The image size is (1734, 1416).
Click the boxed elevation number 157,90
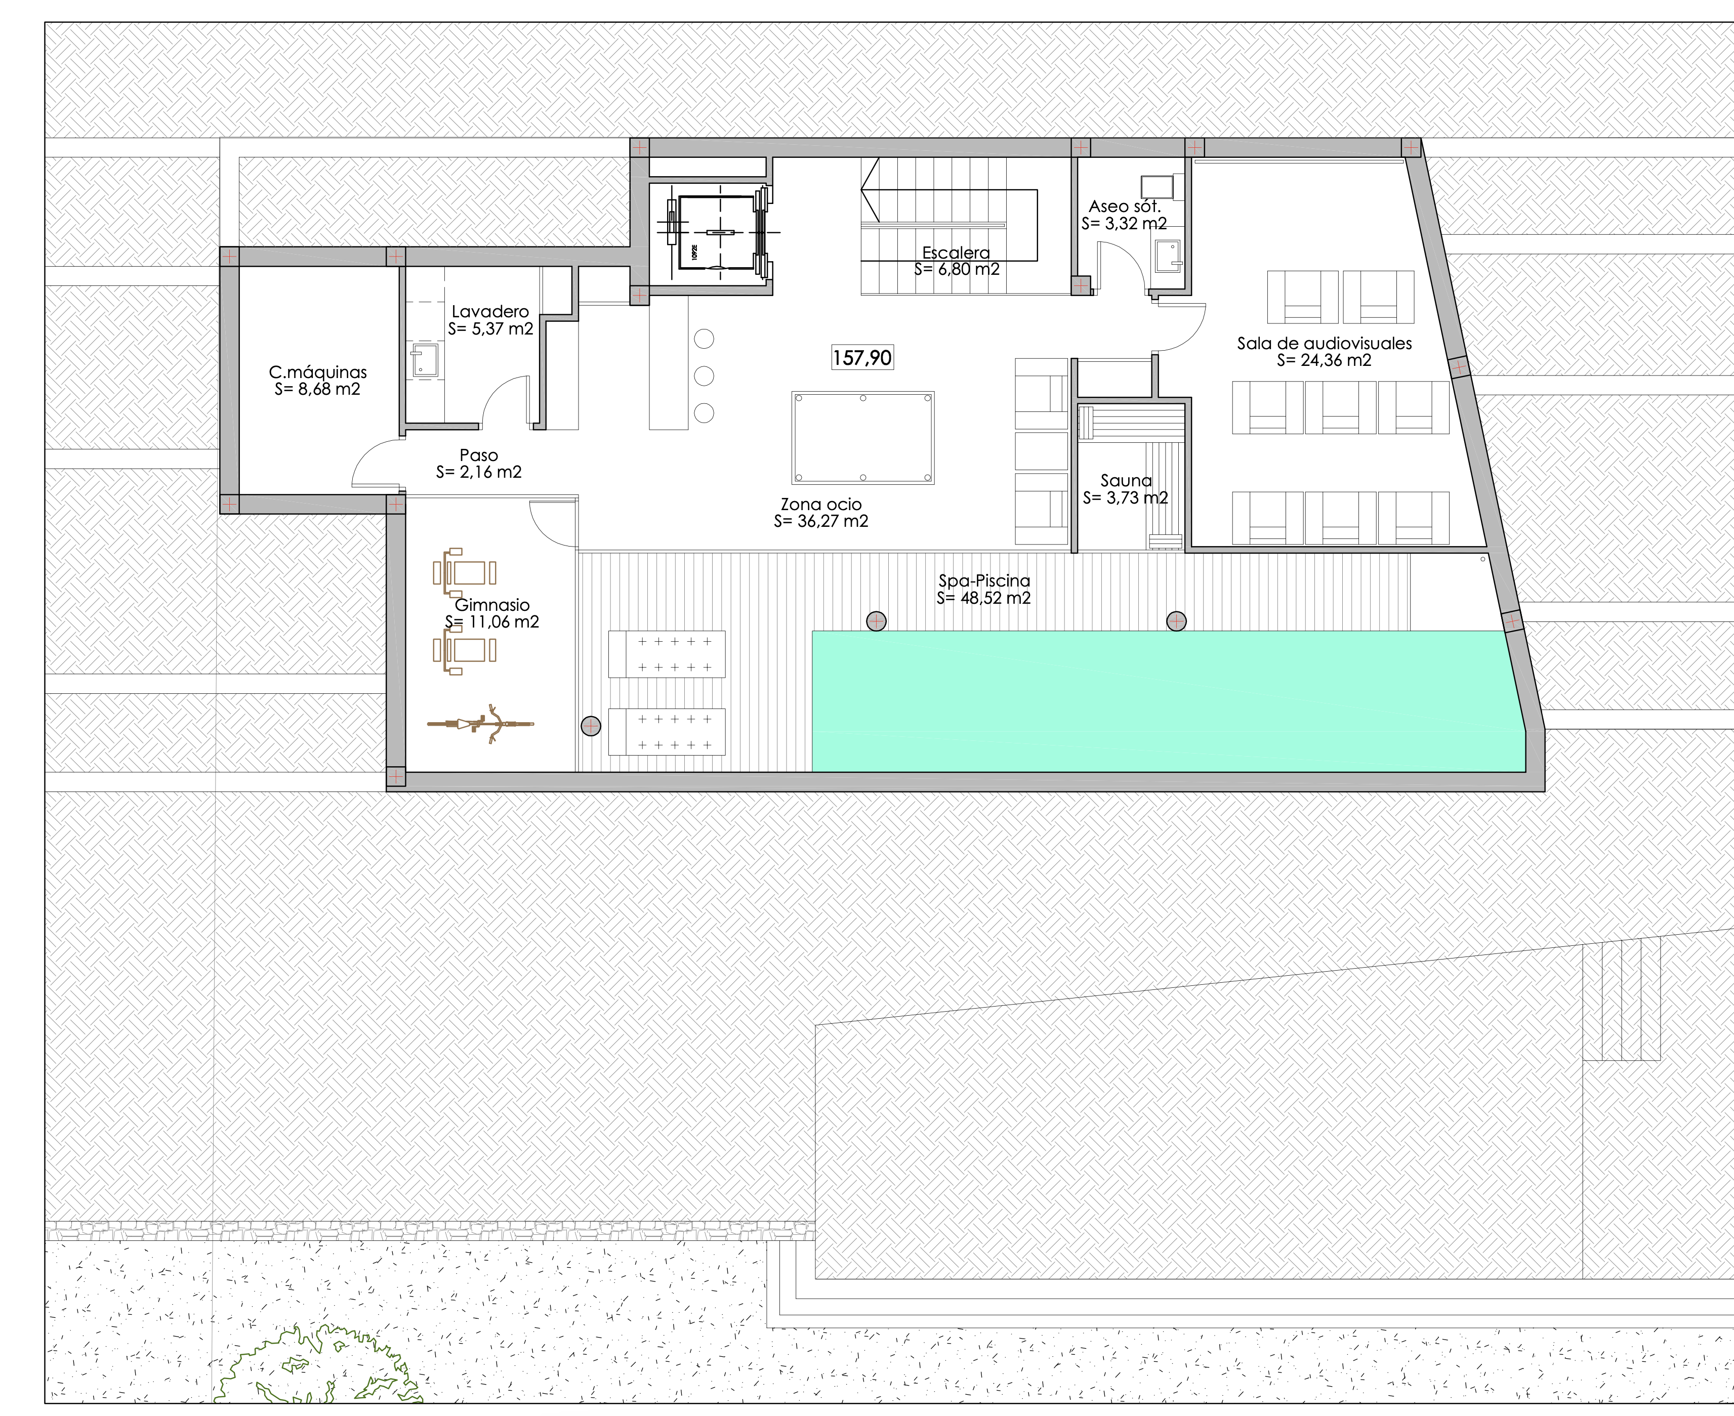[x=862, y=357]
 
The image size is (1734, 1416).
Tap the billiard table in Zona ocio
[x=863, y=438]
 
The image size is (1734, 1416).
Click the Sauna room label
[x=1126, y=480]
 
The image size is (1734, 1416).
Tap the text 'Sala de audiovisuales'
[x=1324, y=344]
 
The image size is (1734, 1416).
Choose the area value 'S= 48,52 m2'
[x=983, y=598]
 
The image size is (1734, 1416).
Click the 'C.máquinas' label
[x=318, y=372]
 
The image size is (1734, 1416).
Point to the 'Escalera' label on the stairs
[x=956, y=253]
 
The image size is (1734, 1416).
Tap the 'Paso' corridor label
[x=479, y=455]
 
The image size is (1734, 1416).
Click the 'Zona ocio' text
[x=821, y=504]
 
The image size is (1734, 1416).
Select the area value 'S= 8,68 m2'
[x=317, y=389]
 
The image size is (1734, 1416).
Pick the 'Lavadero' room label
[x=490, y=312]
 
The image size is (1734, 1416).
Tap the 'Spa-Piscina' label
[x=984, y=581]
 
